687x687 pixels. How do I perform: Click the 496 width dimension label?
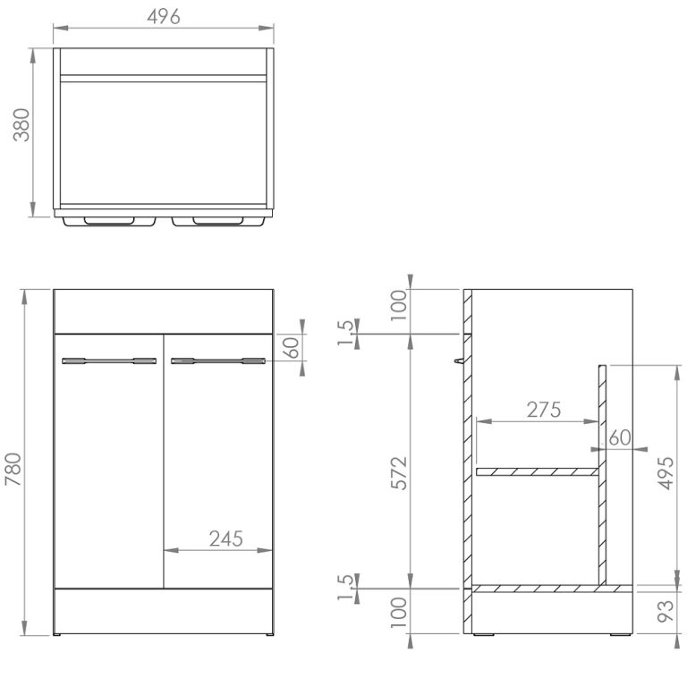coord(164,17)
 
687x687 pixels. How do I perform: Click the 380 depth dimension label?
coord(21,125)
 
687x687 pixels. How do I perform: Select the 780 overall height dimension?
coord(13,470)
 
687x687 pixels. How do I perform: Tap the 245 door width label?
coord(225,539)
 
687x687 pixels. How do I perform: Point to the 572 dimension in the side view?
coord(399,473)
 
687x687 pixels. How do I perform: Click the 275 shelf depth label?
coord(544,410)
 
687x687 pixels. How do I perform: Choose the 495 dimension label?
coord(666,473)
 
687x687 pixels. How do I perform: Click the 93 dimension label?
coord(666,611)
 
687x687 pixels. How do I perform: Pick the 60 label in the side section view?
coord(620,437)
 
